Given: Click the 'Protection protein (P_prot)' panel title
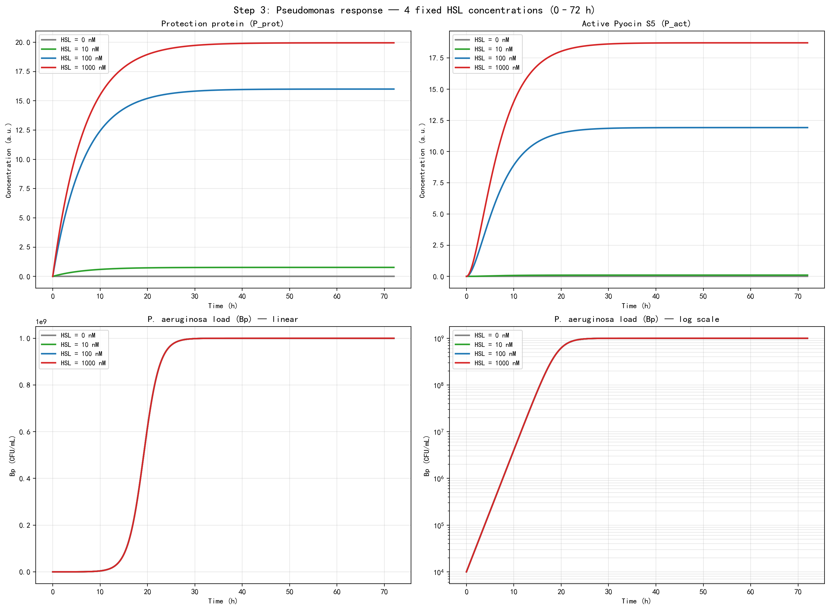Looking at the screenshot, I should tap(222, 24).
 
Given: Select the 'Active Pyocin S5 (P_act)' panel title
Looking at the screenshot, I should tap(636, 24).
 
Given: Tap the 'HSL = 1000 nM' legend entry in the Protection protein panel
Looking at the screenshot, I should tap(83, 68).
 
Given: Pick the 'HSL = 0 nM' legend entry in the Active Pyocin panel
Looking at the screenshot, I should tap(491, 40).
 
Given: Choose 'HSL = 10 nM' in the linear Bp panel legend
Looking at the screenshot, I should tap(79, 344).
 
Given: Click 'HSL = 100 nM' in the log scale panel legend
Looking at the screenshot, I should tap(495, 354).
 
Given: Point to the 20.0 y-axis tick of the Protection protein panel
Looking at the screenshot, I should tap(23, 43).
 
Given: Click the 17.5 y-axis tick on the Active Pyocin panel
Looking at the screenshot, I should tap(436, 58).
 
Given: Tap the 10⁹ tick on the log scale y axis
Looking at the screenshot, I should tap(438, 339).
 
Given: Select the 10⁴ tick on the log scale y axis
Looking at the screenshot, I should tap(438, 572).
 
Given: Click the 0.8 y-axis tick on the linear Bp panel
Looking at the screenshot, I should tap(24, 385).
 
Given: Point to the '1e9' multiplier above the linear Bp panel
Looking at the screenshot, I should tap(41, 322).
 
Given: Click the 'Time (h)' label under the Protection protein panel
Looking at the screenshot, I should tap(222, 306).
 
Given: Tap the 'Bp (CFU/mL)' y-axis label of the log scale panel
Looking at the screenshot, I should tap(427, 456).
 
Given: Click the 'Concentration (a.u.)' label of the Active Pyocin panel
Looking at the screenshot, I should tap(422, 161).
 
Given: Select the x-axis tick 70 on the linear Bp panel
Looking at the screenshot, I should tap(384, 592).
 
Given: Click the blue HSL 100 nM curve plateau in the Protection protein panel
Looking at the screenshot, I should tap(295, 89).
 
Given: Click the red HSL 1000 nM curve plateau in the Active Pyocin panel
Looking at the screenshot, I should tap(702, 43).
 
